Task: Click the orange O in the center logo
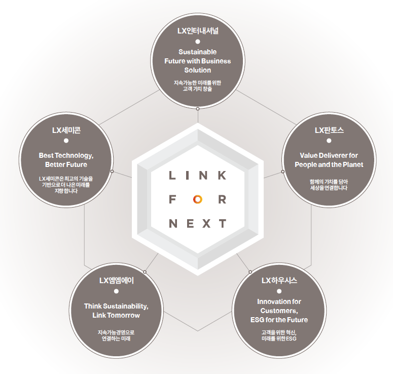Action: (197, 199)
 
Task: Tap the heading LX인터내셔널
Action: (198, 31)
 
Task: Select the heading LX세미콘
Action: (66, 130)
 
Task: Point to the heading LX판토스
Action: (329, 130)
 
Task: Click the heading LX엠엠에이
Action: (116, 280)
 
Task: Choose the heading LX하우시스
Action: (279, 280)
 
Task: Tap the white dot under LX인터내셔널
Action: (198, 42)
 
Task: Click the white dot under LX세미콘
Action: (66, 141)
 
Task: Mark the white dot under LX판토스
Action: (329, 141)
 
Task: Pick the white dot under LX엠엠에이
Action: (116, 291)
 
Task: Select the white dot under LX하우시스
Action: (279, 291)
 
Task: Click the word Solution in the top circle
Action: (197, 70)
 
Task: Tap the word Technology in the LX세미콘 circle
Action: (75, 156)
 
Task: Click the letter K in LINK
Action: (222, 176)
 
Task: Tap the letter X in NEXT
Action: (206, 223)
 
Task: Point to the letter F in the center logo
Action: (172, 199)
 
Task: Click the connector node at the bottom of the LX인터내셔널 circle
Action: (198, 109)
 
